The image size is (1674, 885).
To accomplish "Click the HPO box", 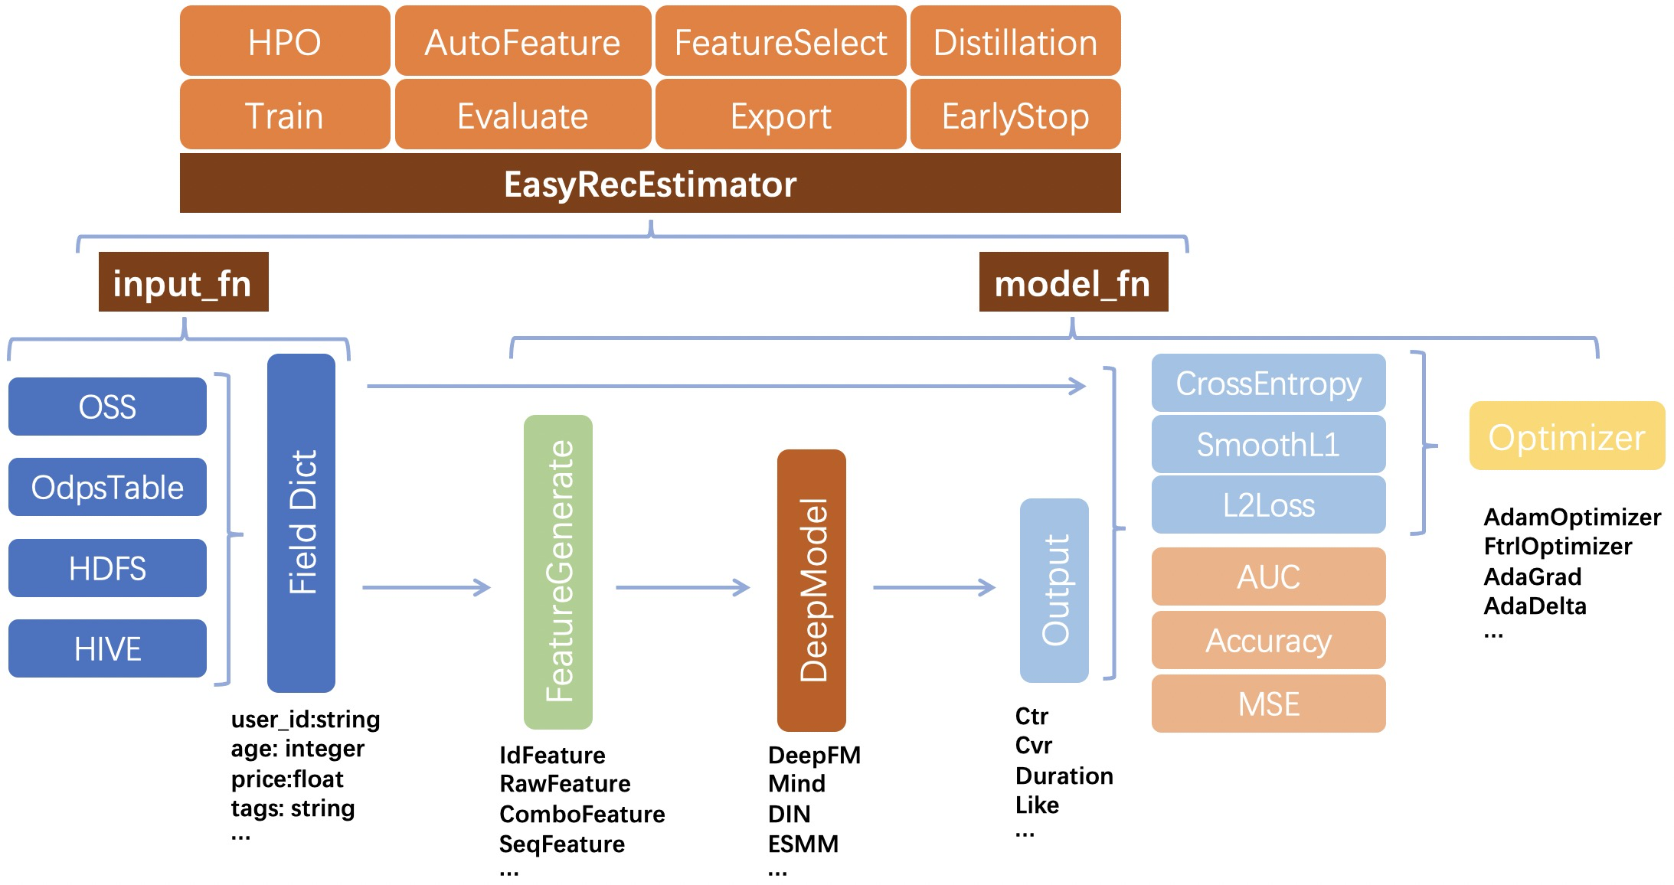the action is [x=285, y=41].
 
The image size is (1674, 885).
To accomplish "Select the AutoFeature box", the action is [x=523, y=41].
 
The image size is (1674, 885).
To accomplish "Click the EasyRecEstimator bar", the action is [x=650, y=183].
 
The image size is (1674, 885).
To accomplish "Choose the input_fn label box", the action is [x=184, y=282].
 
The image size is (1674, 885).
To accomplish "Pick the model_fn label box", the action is [x=1074, y=282].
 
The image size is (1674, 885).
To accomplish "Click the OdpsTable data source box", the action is [x=107, y=487].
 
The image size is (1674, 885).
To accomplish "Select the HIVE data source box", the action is [x=107, y=648].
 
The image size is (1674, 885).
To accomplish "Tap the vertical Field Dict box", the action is [x=301, y=523].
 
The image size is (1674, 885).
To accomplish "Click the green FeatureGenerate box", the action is [x=558, y=572].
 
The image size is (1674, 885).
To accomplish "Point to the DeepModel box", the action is [x=812, y=590].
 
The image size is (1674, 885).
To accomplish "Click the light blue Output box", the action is [x=1054, y=590].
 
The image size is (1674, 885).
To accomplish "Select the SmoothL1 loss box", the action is [x=1269, y=444].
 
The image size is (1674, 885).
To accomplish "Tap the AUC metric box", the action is [x=1269, y=576].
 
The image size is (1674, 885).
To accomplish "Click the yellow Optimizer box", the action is [x=1567, y=436].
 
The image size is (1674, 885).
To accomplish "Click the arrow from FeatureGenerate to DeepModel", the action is [x=683, y=588].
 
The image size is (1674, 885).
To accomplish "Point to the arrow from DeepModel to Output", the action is [x=934, y=588].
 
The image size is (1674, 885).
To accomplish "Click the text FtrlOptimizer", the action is [x=1558, y=547].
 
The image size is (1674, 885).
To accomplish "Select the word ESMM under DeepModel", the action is [x=803, y=844].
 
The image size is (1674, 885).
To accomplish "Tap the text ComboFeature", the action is [x=582, y=814].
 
